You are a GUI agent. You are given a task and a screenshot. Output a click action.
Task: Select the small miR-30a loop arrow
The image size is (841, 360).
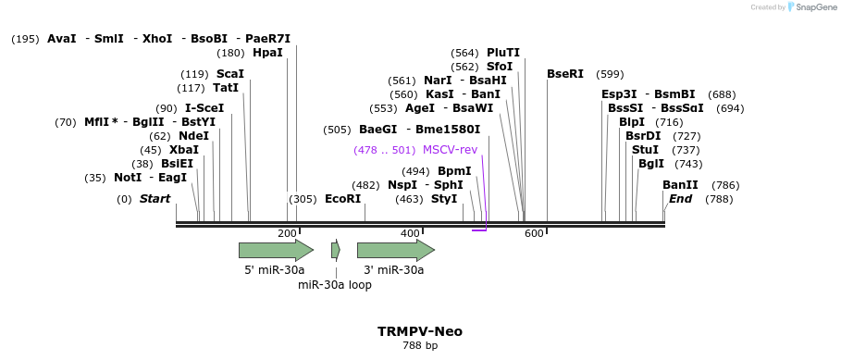(336, 250)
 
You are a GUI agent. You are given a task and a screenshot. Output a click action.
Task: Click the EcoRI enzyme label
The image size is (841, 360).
(342, 199)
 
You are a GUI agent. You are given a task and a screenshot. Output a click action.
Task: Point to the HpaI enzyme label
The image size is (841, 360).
(267, 53)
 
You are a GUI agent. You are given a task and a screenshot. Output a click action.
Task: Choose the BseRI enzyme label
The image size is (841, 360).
(565, 74)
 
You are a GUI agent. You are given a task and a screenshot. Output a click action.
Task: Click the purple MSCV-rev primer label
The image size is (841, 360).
(450, 150)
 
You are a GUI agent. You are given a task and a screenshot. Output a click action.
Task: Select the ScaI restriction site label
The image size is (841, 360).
(230, 74)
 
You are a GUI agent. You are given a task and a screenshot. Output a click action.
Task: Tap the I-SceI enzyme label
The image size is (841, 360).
(204, 108)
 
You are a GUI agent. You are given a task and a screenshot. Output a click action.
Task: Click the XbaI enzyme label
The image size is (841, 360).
(184, 150)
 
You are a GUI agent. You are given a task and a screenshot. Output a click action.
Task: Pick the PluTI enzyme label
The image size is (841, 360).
(503, 53)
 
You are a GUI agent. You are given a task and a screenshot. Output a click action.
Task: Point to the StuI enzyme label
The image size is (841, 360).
(645, 150)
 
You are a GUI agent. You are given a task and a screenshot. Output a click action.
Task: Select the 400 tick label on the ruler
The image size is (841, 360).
(410, 233)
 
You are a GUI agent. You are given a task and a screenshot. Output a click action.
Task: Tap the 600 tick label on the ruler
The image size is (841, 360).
(534, 233)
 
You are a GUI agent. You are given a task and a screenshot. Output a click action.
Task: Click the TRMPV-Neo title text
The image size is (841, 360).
(420, 331)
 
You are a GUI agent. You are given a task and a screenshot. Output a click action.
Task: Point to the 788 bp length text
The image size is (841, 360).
(420, 346)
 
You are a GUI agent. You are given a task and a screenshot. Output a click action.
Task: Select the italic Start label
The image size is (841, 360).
(155, 199)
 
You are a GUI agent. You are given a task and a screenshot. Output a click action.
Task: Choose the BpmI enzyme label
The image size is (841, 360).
(454, 171)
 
